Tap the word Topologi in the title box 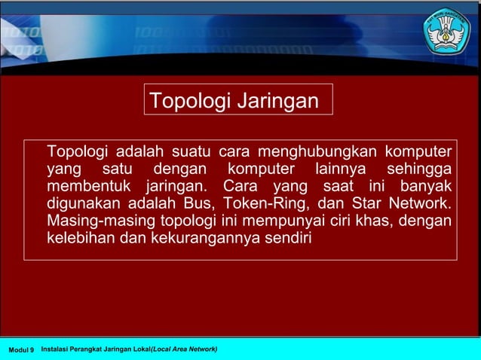[x=188, y=101]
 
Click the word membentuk [x=90, y=185]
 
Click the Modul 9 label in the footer [x=21, y=350]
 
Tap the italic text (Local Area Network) [x=184, y=349]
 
